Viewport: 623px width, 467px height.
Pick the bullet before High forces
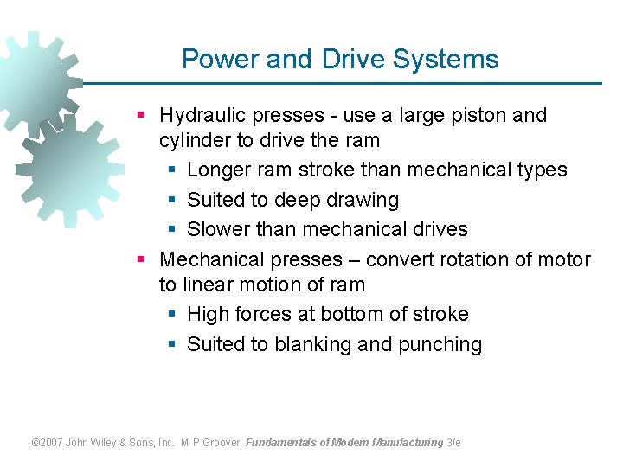tap(171, 315)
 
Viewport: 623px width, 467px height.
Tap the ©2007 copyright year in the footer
tap(48, 443)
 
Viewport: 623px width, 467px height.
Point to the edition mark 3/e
tap(453, 443)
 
